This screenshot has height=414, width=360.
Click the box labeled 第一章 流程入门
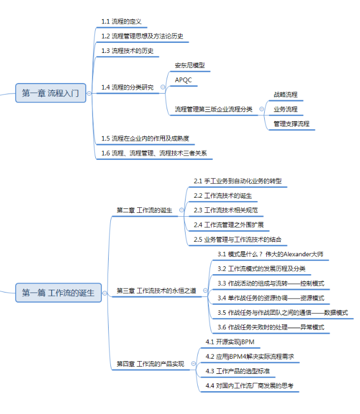(51, 93)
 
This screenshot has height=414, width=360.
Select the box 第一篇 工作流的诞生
(59, 293)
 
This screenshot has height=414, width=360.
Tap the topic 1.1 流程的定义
(121, 22)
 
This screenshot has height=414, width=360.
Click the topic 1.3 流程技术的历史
(128, 51)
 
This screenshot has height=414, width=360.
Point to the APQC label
(183, 80)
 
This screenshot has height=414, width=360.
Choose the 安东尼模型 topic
(189, 65)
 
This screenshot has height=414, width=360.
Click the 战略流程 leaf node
(285, 95)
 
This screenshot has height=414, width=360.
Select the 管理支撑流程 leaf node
(291, 124)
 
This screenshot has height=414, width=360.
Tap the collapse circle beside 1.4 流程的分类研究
(163, 87)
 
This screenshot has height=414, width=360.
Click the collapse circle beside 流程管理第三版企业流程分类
(261, 109)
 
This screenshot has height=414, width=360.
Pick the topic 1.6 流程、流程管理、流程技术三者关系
(154, 153)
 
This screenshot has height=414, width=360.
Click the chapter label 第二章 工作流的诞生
(144, 210)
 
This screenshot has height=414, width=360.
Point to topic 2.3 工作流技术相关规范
(226, 210)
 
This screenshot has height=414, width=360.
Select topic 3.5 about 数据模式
(283, 313)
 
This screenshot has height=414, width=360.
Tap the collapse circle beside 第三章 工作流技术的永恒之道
(205, 290)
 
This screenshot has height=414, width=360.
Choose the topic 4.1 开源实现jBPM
(230, 342)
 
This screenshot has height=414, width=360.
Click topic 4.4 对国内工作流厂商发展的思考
(249, 386)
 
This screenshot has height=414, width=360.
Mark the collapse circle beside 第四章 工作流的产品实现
(193, 363)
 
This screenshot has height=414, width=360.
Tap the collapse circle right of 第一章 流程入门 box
(89, 93)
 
